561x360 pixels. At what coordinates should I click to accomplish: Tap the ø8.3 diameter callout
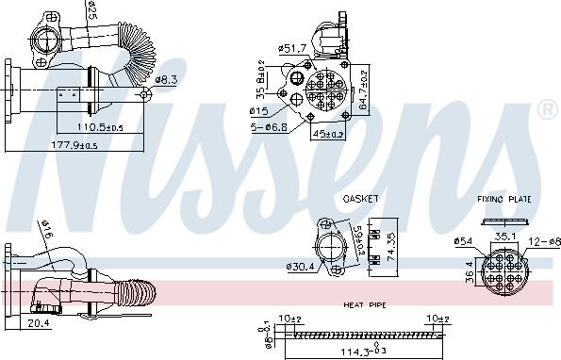coord(167,80)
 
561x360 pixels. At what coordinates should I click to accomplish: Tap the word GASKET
coord(360,199)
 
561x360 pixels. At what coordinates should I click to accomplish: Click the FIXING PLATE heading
coord(505,200)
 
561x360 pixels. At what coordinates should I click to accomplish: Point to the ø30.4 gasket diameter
coord(302,266)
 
